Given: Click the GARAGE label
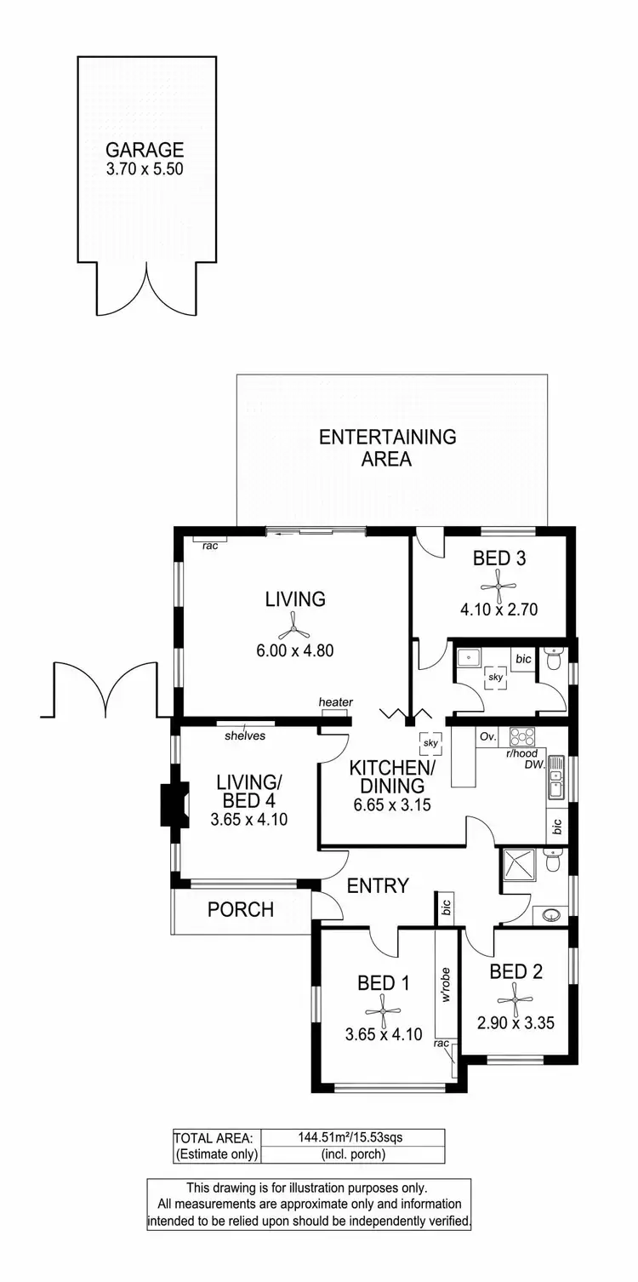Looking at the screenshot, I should [x=145, y=151].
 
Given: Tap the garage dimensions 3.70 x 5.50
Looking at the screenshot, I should [x=145, y=169].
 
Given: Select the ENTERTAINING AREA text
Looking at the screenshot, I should [x=387, y=448].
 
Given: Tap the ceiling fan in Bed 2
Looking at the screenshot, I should [x=516, y=995].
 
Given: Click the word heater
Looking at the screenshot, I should [x=335, y=702].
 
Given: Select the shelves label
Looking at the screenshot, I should [x=245, y=735].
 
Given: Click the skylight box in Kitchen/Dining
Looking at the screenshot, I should [x=430, y=743].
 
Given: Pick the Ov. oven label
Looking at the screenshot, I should [x=487, y=736].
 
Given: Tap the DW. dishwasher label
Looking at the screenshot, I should [x=535, y=766].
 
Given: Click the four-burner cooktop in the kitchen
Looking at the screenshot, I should [x=521, y=737].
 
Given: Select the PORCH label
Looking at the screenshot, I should [x=241, y=910].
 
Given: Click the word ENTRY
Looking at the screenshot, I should [x=379, y=886].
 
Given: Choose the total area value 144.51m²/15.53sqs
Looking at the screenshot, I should [x=352, y=1137].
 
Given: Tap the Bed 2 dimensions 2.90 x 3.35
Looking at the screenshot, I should [x=516, y=1022].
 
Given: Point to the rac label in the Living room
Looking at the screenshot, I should [x=210, y=546].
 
